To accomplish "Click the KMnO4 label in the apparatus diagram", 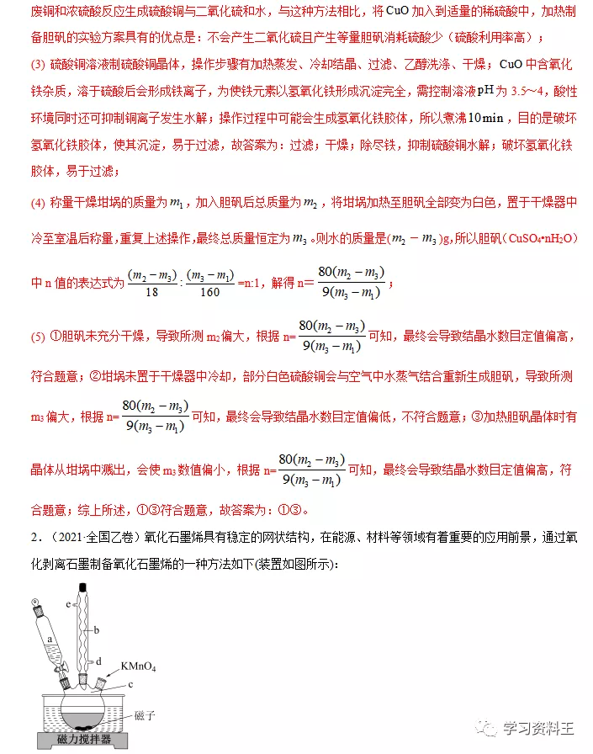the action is tap(140, 666).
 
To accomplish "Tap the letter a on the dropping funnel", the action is tap(50, 640).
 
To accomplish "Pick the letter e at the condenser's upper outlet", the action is tap(69, 603).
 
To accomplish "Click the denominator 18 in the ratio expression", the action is tap(151, 292).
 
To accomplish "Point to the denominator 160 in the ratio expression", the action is tap(210, 292).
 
